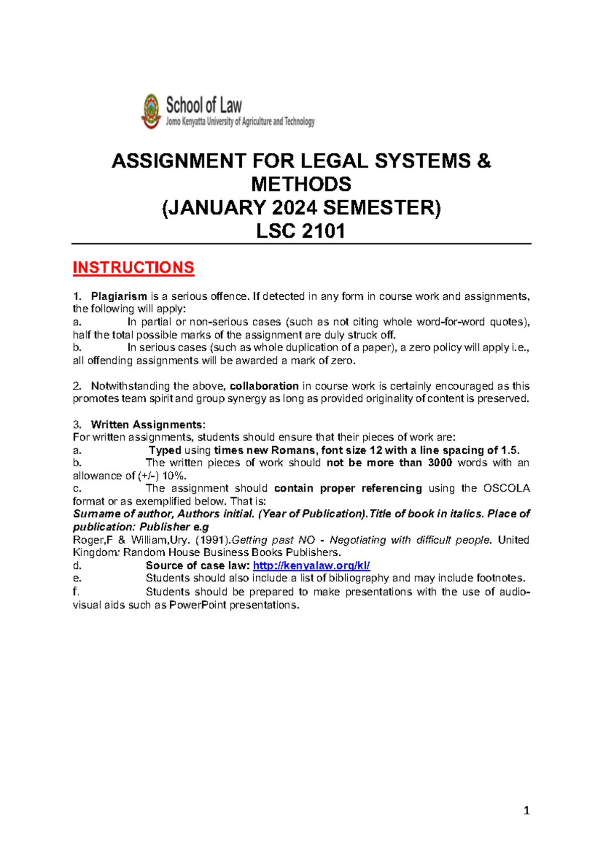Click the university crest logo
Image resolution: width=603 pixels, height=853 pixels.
151,111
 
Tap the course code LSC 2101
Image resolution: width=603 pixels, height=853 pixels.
301,231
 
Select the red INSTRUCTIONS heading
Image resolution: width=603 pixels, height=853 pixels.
133,268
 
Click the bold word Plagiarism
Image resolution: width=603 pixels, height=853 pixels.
119,296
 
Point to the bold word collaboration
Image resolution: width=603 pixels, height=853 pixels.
264,386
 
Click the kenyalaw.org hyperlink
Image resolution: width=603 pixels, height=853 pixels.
311,565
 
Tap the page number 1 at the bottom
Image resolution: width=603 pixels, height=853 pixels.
526,810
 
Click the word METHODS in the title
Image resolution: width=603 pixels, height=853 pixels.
301,184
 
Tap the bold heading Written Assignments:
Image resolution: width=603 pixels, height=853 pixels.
148,424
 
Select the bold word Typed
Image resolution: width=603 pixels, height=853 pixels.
165,450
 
